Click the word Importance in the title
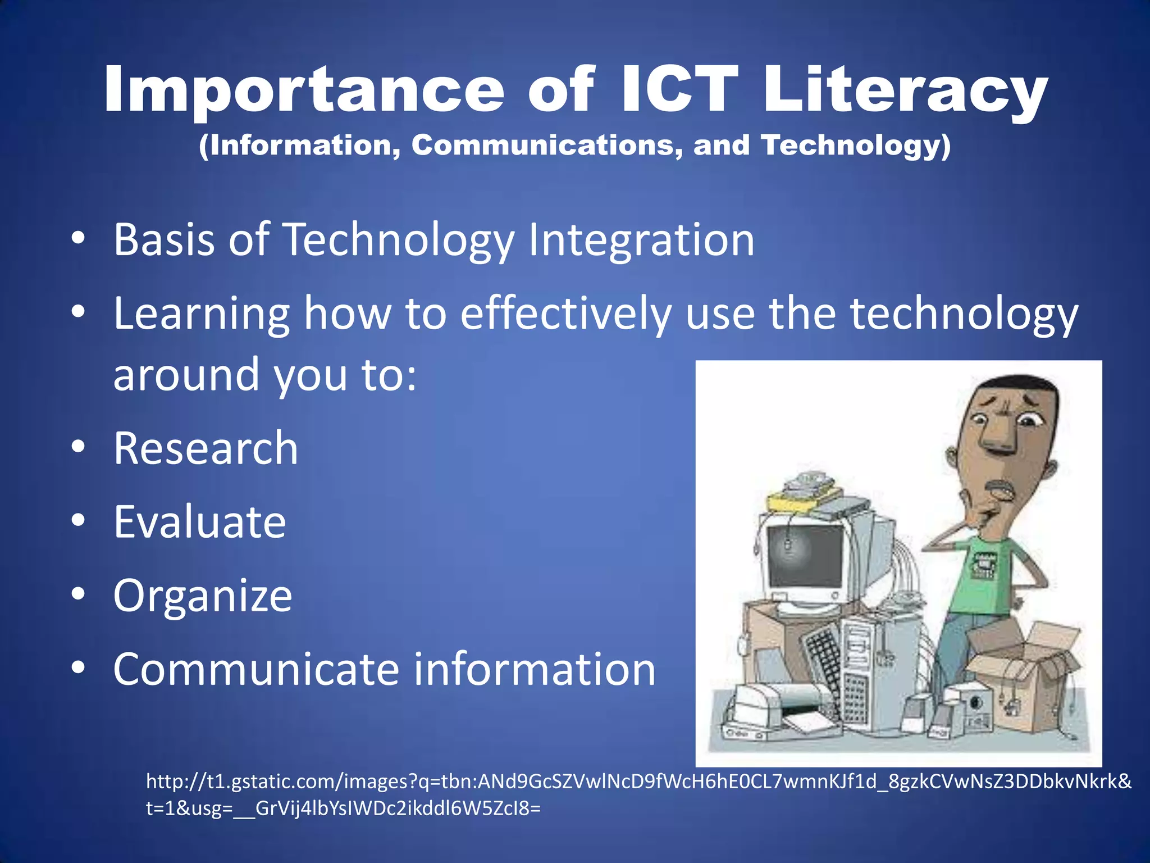coord(304,90)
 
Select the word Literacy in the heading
coord(905,90)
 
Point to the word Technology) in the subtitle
coord(856,145)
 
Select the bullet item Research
coord(206,448)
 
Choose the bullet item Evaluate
coord(199,522)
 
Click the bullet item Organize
coord(203,596)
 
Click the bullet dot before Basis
coord(78,238)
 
